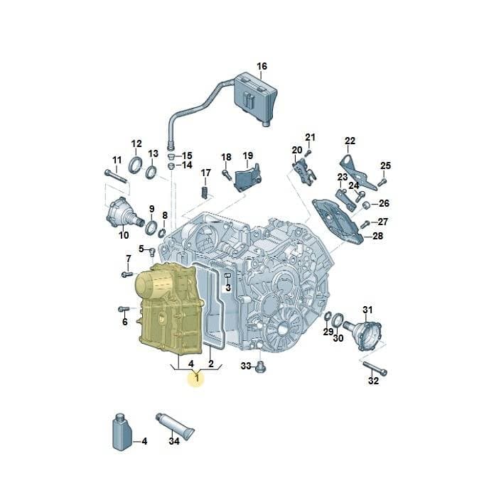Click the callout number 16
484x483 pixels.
(262, 66)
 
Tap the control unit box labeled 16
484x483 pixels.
(256, 98)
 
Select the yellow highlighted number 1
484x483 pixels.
(197, 377)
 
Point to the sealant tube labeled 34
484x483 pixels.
(176, 425)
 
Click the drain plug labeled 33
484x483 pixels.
(261, 367)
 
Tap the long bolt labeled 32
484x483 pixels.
(375, 368)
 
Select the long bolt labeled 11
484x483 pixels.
(116, 176)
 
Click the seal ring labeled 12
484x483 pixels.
(136, 165)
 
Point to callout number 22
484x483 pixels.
(350, 141)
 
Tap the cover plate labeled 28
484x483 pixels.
(338, 221)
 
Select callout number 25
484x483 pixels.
(385, 165)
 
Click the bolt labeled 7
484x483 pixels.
(127, 274)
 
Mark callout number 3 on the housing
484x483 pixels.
(228, 288)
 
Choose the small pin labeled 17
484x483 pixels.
(205, 192)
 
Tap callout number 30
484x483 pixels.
(338, 338)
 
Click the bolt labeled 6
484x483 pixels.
(124, 309)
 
